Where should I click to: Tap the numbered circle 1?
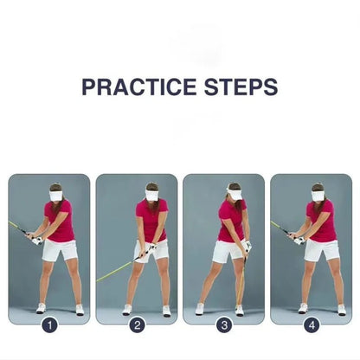pyautogui.click(x=49, y=326)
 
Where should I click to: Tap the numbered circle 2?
pyautogui.click(x=137, y=326)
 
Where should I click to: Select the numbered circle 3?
pyautogui.click(x=224, y=326)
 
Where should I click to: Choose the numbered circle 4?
pyautogui.click(x=311, y=326)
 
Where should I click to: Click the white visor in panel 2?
pyautogui.click(x=152, y=196)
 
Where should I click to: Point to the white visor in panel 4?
pyautogui.click(x=318, y=196)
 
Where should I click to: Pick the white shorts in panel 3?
pyautogui.click(x=229, y=250)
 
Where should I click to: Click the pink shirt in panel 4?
pyautogui.click(x=322, y=222)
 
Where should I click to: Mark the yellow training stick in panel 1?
pyautogui.click(x=19, y=228)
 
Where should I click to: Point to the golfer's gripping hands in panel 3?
pyautogui.click(x=246, y=247)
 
